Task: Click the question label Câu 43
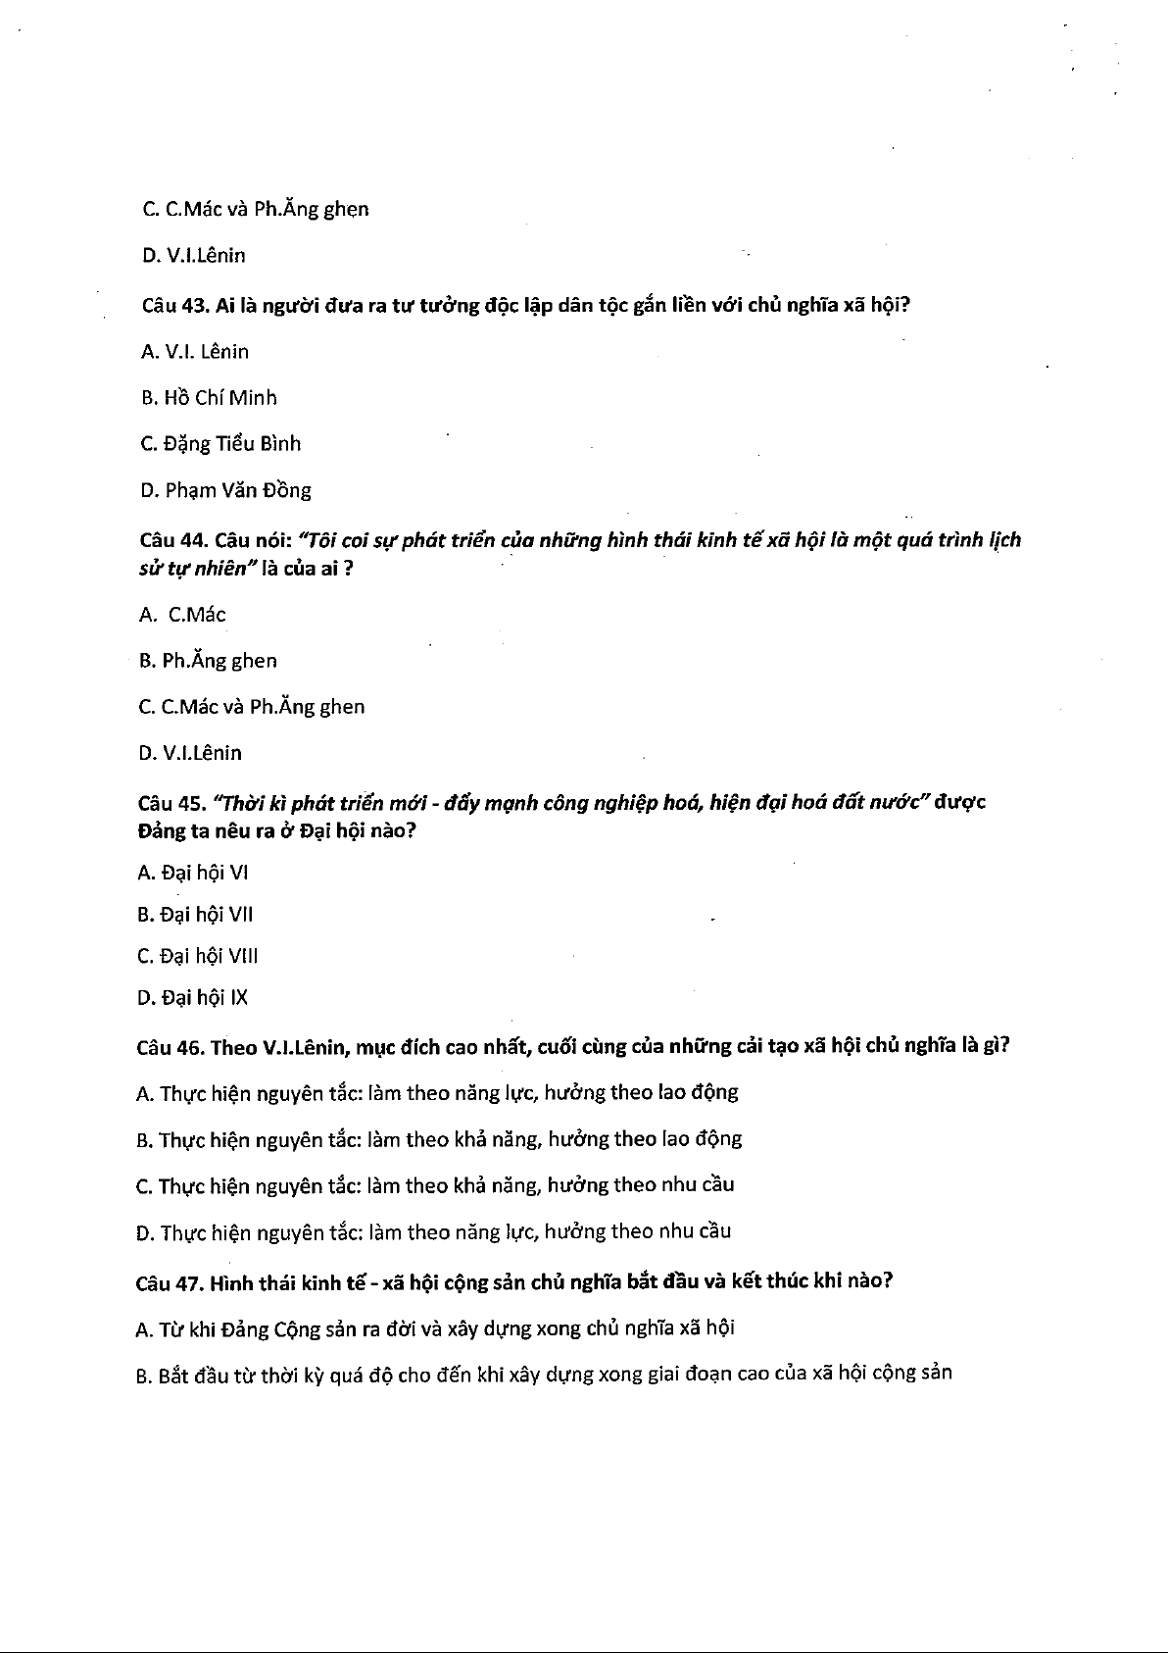[x=171, y=305]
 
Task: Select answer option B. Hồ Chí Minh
[x=209, y=398]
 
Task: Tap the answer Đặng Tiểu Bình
[x=220, y=444]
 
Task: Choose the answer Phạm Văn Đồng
[x=225, y=490]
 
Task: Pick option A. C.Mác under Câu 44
[x=183, y=615]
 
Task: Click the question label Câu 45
[x=170, y=803]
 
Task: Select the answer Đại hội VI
[x=192, y=873]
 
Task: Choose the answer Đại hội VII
[x=195, y=915]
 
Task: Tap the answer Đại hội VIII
[x=197, y=956]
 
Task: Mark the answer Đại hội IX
[x=192, y=998]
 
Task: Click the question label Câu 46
[x=169, y=1047]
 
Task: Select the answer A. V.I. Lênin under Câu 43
[x=195, y=352]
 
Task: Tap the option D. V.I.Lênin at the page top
[x=193, y=256]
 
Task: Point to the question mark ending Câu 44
[x=348, y=570]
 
